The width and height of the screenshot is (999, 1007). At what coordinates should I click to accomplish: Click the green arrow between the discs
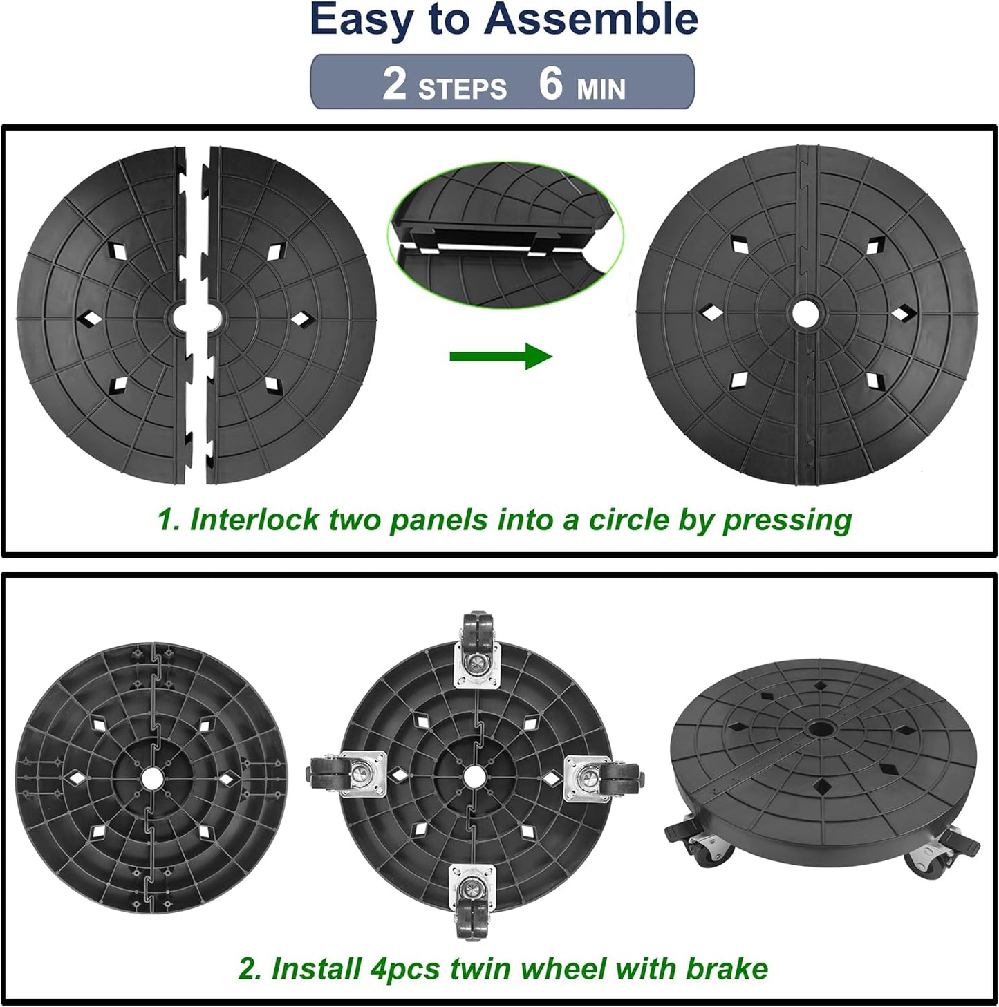tap(501, 356)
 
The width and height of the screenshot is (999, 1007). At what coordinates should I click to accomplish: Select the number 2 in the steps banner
tap(394, 84)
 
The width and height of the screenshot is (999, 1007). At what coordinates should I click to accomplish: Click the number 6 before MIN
tap(551, 84)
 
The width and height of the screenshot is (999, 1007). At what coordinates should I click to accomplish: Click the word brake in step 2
tap(727, 968)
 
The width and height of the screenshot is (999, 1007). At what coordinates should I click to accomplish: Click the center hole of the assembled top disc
tap(803, 312)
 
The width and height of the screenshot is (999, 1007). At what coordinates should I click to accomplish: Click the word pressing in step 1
tap(787, 520)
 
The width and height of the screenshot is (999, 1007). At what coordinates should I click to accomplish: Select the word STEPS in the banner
tap(463, 89)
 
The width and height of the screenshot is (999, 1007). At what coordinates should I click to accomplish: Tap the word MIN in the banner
tap(601, 89)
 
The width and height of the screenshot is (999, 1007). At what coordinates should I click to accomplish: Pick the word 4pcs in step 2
tap(405, 968)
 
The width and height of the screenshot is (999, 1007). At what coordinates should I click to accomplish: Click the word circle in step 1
tap(628, 520)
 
